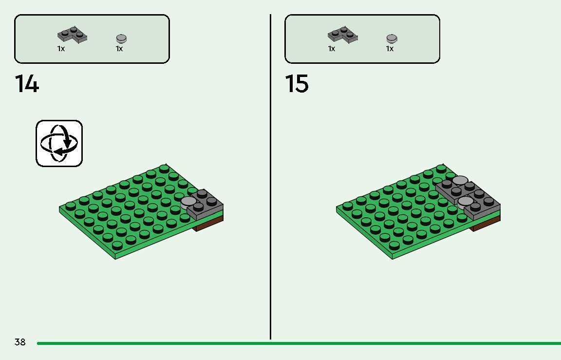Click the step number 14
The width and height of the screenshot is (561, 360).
pos(27,84)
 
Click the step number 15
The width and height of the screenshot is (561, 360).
pos(297,84)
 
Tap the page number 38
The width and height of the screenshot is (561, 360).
pos(20,342)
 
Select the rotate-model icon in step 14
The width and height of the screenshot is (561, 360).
pos(59,143)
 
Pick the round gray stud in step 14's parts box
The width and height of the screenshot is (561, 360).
pos(121,38)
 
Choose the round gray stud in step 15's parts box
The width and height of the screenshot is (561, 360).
pos(392,38)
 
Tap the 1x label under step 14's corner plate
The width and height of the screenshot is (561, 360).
pos(61,49)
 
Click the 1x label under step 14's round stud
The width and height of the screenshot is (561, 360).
pos(119,49)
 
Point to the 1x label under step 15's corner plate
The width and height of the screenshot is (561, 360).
pos(332,49)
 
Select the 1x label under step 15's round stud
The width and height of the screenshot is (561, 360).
pos(390,49)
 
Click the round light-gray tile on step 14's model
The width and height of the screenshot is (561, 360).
pos(188,201)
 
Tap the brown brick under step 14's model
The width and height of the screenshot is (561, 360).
pos(209,224)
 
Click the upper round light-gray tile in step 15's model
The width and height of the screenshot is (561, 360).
pos(460,181)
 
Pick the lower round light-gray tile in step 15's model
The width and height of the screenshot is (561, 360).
pos(466,201)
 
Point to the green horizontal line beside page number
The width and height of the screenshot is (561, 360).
pos(292,343)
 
